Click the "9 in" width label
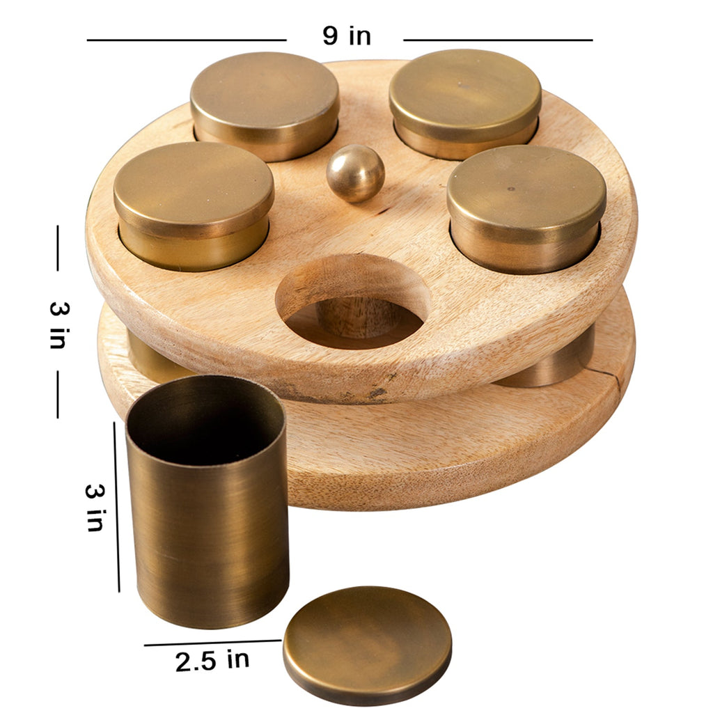(347, 36)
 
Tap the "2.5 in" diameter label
(212, 661)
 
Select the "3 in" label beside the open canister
(95, 508)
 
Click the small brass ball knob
(356, 173)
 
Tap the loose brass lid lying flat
(368, 645)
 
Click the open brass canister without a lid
(207, 500)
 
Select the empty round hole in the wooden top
(352, 300)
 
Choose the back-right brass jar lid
(465, 95)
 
